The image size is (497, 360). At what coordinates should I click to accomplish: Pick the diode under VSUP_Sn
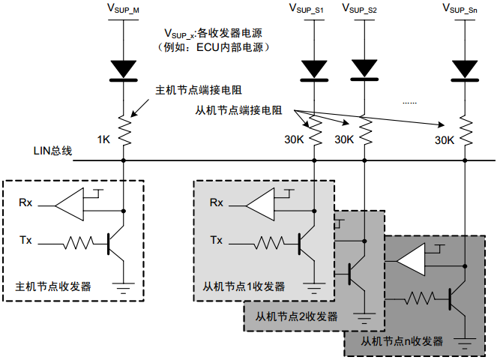coord(465,69)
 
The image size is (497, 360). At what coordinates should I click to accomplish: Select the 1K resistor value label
coord(104,139)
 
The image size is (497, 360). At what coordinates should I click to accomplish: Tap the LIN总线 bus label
coord(52,151)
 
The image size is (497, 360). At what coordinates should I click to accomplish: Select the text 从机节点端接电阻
coord(238,110)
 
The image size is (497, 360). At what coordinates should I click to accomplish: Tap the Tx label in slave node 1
coord(217,241)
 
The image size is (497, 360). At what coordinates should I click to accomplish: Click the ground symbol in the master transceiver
coord(124,286)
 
